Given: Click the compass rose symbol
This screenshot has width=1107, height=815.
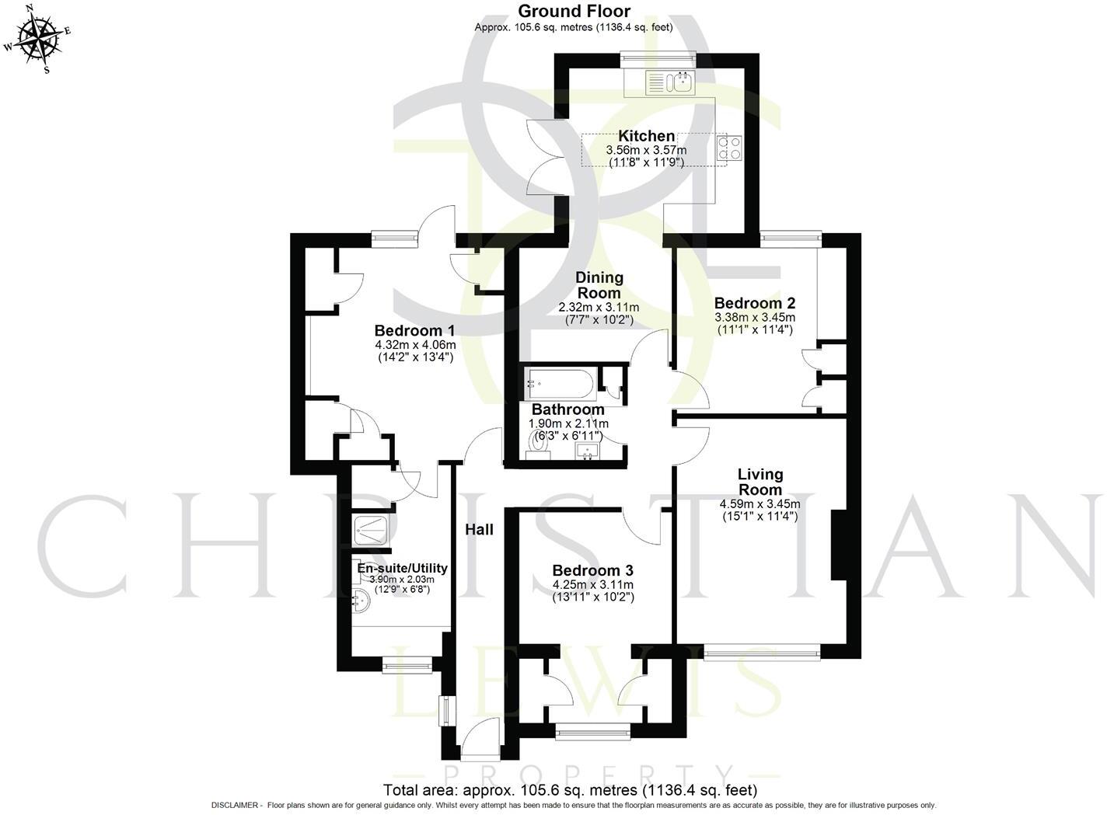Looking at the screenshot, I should (39, 38).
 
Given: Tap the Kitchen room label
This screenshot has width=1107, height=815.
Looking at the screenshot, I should (646, 136).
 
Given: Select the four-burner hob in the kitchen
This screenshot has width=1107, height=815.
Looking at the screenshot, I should (728, 148).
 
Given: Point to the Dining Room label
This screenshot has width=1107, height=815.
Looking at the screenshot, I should (599, 285).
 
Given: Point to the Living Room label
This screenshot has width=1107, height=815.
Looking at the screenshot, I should (760, 482).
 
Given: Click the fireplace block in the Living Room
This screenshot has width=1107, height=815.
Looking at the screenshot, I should (839, 545).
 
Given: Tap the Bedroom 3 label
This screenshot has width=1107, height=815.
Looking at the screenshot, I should (592, 571).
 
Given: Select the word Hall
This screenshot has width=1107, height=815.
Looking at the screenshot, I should (479, 530).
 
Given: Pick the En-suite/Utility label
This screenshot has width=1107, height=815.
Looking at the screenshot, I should (402, 568).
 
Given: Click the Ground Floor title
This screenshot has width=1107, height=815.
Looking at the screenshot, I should (574, 11).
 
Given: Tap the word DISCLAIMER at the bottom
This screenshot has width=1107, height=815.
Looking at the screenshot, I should (235, 806).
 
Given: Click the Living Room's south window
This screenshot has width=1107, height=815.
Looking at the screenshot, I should (761, 653).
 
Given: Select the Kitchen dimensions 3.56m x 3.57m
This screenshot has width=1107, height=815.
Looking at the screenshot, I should (646, 150).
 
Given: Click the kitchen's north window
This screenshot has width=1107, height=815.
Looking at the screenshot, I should (657, 56).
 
